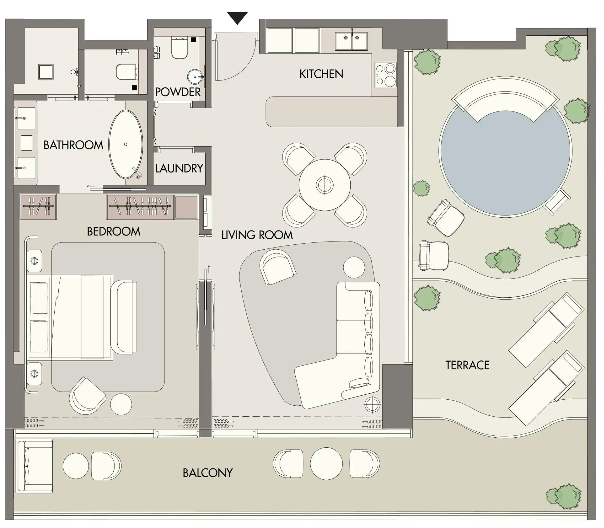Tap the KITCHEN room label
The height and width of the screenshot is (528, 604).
coord(321,74)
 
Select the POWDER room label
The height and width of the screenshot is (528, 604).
coord(177,92)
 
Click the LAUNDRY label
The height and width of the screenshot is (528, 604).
coord(179,168)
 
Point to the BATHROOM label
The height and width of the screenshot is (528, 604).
coord(73,145)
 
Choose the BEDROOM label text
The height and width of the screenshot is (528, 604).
coord(114,231)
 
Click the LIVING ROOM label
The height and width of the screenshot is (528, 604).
coord(257,235)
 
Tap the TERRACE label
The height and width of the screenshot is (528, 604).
coord(467,365)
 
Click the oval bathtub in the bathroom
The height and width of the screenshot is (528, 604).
coord(126,144)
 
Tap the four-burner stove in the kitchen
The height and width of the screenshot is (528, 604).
coord(386,75)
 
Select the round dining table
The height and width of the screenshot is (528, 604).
coord(325,185)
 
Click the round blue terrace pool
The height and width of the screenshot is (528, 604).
coord(505,151)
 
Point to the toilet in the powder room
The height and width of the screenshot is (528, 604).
coord(179,48)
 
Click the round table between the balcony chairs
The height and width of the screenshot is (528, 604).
coord(326,464)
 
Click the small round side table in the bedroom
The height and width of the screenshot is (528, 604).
coord(121,404)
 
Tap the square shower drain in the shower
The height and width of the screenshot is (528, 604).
coord(46,72)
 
